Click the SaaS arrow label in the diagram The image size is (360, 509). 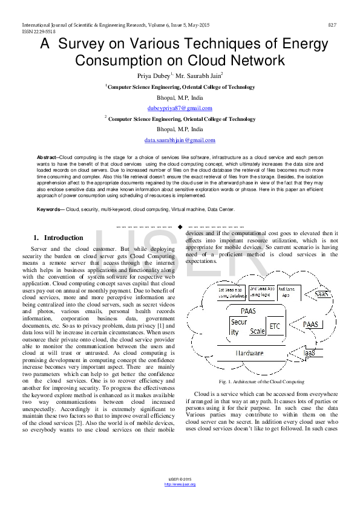pos(324,294)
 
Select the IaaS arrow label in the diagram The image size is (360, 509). pos(310,352)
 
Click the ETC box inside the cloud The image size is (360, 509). pos(275,325)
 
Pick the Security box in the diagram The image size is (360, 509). pos(238,327)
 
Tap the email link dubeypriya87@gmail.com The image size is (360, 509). pos(180,108)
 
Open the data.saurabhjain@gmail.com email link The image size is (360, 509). pos(180,140)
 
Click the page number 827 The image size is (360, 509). pos(332,25)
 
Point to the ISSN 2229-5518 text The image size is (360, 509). pos(38,31)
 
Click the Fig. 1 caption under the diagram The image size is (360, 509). pos(261,381)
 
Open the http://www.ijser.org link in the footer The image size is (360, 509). pos(180,484)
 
